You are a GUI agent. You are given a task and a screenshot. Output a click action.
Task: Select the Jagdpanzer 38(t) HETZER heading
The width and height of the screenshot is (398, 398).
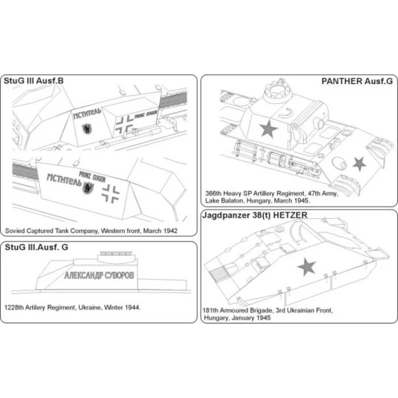261,214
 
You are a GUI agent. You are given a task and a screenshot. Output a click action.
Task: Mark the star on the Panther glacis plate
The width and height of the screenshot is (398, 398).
360,163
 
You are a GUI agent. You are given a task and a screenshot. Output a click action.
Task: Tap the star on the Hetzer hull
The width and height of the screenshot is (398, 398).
306,267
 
